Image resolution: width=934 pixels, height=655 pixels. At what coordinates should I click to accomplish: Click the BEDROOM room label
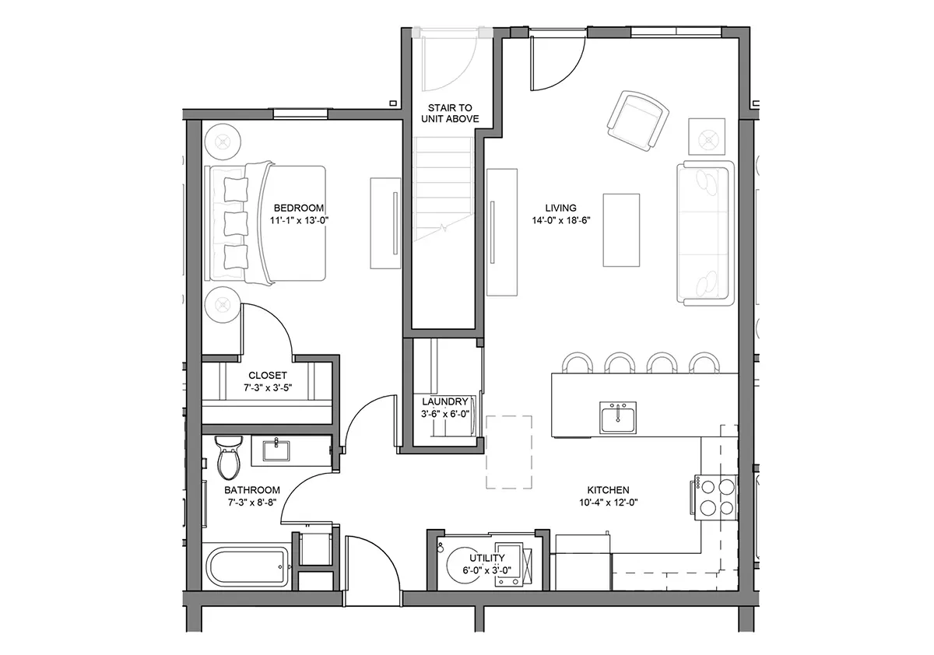pyautogui.click(x=299, y=208)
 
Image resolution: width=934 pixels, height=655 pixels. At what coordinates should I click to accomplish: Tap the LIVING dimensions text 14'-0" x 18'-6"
pyautogui.click(x=561, y=220)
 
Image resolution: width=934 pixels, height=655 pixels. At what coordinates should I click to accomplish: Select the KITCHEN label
pyautogui.click(x=609, y=490)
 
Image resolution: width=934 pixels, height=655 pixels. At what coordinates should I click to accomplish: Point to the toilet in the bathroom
pyautogui.click(x=229, y=457)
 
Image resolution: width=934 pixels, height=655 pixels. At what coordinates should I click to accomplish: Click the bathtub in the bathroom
pyautogui.click(x=247, y=566)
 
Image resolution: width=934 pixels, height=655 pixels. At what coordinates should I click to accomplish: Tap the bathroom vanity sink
pyautogui.click(x=276, y=450)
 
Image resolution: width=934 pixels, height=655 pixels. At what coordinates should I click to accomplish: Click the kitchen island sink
pyautogui.click(x=618, y=417)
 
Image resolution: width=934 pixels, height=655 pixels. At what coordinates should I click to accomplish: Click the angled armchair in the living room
pyautogui.click(x=637, y=121)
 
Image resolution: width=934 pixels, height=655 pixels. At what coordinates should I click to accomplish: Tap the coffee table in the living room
pyautogui.click(x=621, y=230)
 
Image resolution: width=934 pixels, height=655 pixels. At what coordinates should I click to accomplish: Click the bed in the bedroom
pyautogui.click(x=265, y=223)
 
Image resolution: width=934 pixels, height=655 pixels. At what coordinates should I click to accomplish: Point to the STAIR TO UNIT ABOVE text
pyautogui.click(x=450, y=114)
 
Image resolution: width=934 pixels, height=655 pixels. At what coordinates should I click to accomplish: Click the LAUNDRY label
pyautogui.click(x=445, y=401)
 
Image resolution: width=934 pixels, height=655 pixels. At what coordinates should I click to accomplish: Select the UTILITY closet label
pyautogui.click(x=487, y=558)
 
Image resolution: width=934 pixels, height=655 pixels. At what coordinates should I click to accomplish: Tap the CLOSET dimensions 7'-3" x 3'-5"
pyautogui.click(x=268, y=388)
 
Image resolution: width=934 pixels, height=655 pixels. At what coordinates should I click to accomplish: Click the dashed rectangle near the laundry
pyautogui.click(x=509, y=452)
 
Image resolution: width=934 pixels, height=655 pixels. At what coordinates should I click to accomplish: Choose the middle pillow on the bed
pyautogui.click(x=236, y=223)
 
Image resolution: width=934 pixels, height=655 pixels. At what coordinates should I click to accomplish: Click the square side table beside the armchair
pyautogui.click(x=707, y=137)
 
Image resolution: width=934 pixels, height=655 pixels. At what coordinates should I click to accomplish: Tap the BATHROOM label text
pyautogui.click(x=252, y=490)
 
